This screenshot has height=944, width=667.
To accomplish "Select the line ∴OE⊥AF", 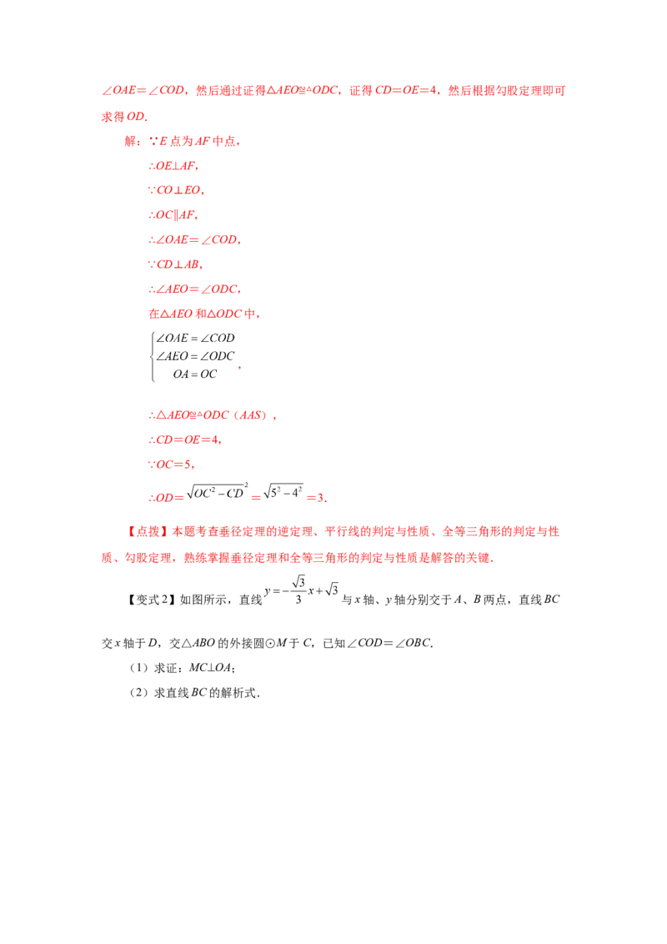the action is (173, 166).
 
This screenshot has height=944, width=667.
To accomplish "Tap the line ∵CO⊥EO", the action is (177, 190).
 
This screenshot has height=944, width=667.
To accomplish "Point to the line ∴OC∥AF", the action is (173, 215).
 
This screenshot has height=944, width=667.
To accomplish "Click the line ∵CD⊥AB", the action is (175, 264).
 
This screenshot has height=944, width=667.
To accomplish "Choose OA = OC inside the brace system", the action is (195, 374).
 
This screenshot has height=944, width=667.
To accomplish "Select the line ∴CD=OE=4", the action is (185, 439).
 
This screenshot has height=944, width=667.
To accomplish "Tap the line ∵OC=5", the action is (171, 464).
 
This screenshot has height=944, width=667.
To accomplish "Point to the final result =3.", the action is (317, 498).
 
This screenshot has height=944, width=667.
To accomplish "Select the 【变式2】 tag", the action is (151, 600).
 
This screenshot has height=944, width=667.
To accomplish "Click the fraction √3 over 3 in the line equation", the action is (298, 590).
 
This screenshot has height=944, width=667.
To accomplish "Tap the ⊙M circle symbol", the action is (276, 643).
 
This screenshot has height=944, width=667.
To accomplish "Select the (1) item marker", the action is (138, 668).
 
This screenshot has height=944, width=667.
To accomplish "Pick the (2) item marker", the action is (138, 693).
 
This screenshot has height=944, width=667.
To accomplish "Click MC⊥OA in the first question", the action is (210, 668).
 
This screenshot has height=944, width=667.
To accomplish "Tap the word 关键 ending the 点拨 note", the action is (478, 558).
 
